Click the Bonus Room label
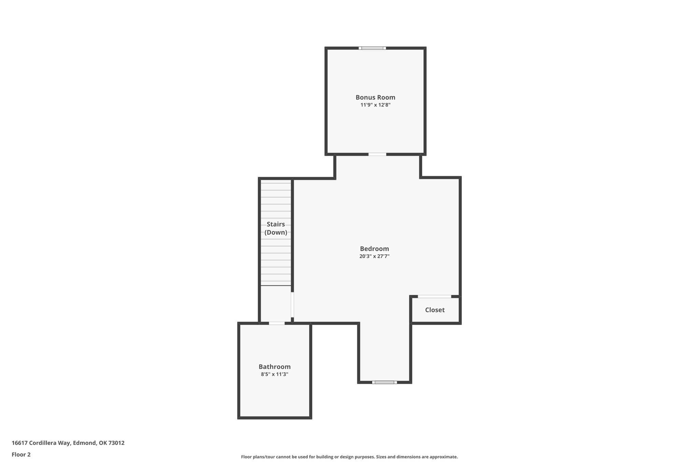pyautogui.click(x=375, y=97)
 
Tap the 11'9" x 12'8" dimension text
pyautogui.click(x=375, y=105)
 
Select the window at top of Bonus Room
pyautogui.click(x=372, y=48)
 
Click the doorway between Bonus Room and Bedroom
pyautogui.click(x=377, y=154)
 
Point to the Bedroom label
pyautogui.click(x=374, y=249)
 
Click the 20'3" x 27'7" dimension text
pyautogui.click(x=374, y=256)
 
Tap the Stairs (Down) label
pyautogui.click(x=276, y=228)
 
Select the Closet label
pyautogui.click(x=434, y=310)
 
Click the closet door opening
pyautogui.click(x=434, y=296)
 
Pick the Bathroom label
pyautogui.click(x=274, y=367)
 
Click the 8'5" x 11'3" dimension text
pyautogui.click(x=274, y=374)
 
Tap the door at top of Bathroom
pyautogui.click(x=276, y=323)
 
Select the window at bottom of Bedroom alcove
pyautogui.click(x=384, y=382)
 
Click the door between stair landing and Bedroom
pyautogui.click(x=293, y=305)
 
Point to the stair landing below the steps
pyautogui.click(x=276, y=304)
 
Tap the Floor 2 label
pyautogui.click(x=21, y=454)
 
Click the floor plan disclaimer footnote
pyautogui.click(x=349, y=457)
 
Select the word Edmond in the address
pyautogui.click(x=84, y=443)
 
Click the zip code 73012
pyautogui.click(x=116, y=443)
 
